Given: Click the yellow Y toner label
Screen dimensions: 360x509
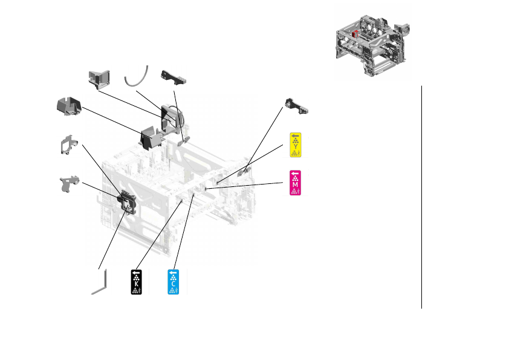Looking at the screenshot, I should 295,145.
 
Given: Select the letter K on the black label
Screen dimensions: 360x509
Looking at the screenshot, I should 137,283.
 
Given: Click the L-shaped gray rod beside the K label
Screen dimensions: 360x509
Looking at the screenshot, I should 100,283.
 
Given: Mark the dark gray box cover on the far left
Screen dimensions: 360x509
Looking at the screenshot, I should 68,106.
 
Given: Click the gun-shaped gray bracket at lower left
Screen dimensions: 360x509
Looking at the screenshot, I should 71,183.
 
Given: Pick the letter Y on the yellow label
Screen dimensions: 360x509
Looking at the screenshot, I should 295,146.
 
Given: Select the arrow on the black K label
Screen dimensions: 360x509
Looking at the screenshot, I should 137,273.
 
